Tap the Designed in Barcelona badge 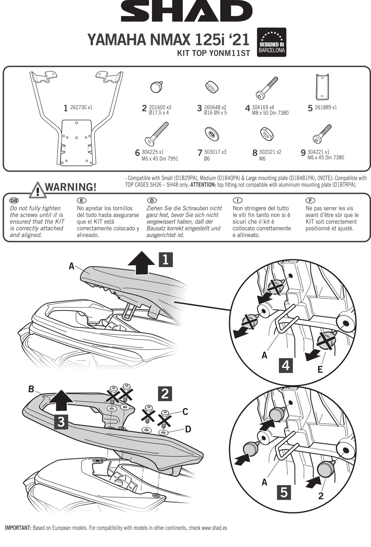tap(271, 42)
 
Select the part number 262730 tap(78, 107)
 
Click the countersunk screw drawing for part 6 tap(156, 134)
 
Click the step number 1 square tap(165, 259)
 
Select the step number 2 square tap(165, 393)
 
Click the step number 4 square tap(285, 365)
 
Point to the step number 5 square tap(284, 493)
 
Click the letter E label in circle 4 tap(320, 369)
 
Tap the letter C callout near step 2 tap(185, 412)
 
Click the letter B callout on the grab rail tap(31, 389)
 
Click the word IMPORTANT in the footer tap(18, 528)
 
